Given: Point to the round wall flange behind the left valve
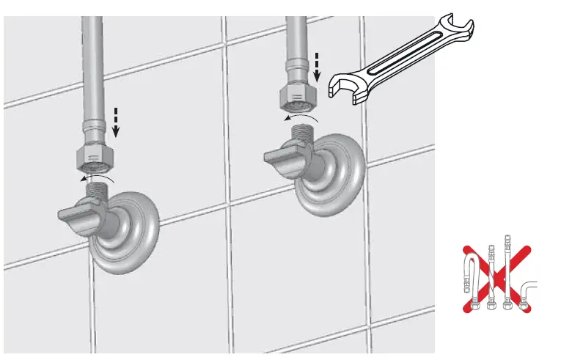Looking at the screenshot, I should (136, 232).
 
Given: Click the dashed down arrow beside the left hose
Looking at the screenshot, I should (116, 122).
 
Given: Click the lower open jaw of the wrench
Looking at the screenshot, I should (345, 87).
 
